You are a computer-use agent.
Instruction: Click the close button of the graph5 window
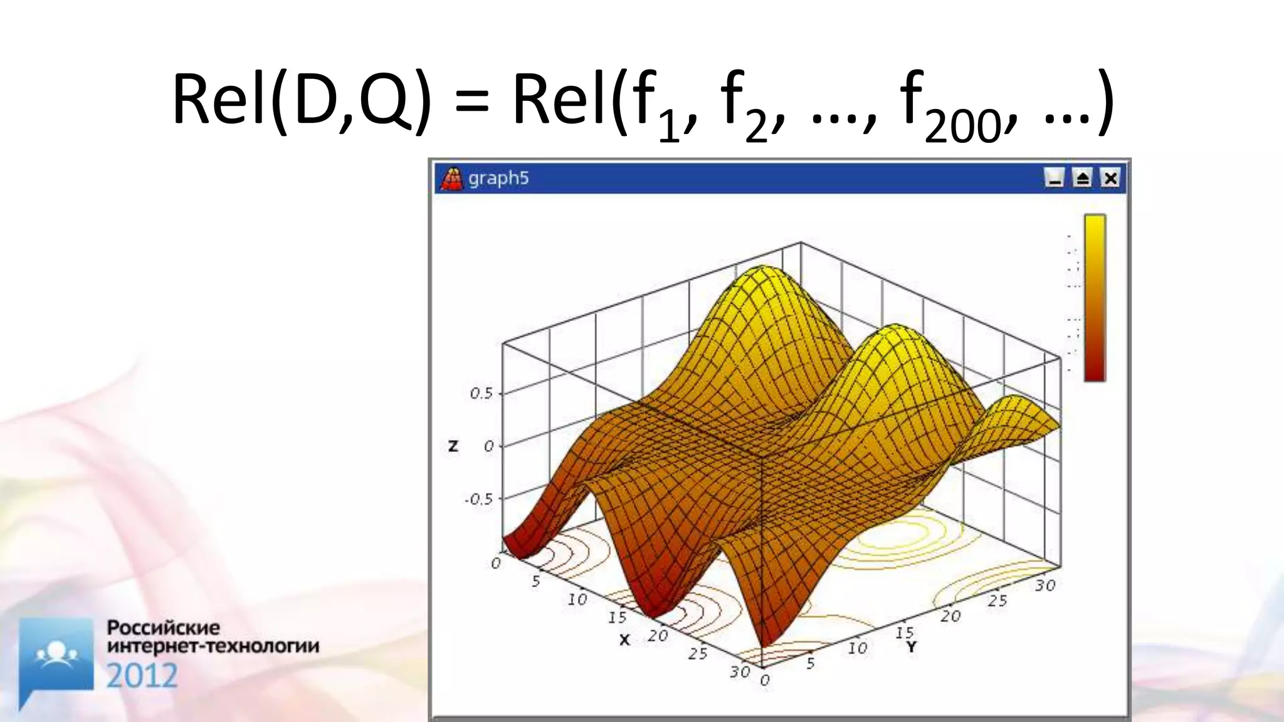click(x=1110, y=179)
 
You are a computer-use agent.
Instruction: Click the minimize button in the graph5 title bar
click(x=1055, y=179)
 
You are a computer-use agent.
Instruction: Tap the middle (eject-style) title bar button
click(x=1082, y=179)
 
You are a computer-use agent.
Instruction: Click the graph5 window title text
click(x=498, y=179)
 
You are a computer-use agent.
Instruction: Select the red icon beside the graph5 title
click(x=451, y=179)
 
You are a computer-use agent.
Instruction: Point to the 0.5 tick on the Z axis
click(x=481, y=394)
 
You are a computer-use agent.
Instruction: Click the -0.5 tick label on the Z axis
click(x=478, y=499)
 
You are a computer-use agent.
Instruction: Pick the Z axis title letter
click(x=453, y=446)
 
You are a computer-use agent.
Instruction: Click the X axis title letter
click(x=624, y=640)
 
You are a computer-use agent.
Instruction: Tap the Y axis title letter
click(x=911, y=647)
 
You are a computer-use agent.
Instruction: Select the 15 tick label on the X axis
click(x=617, y=617)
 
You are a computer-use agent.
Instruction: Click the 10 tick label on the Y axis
click(x=857, y=648)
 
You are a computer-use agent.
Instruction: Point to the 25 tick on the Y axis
click(x=997, y=600)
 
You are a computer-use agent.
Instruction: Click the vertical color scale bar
click(x=1095, y=298)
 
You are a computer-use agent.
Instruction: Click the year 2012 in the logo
click(x=142, y=676)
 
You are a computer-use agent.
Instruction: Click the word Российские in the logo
click(x=164, y=627)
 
